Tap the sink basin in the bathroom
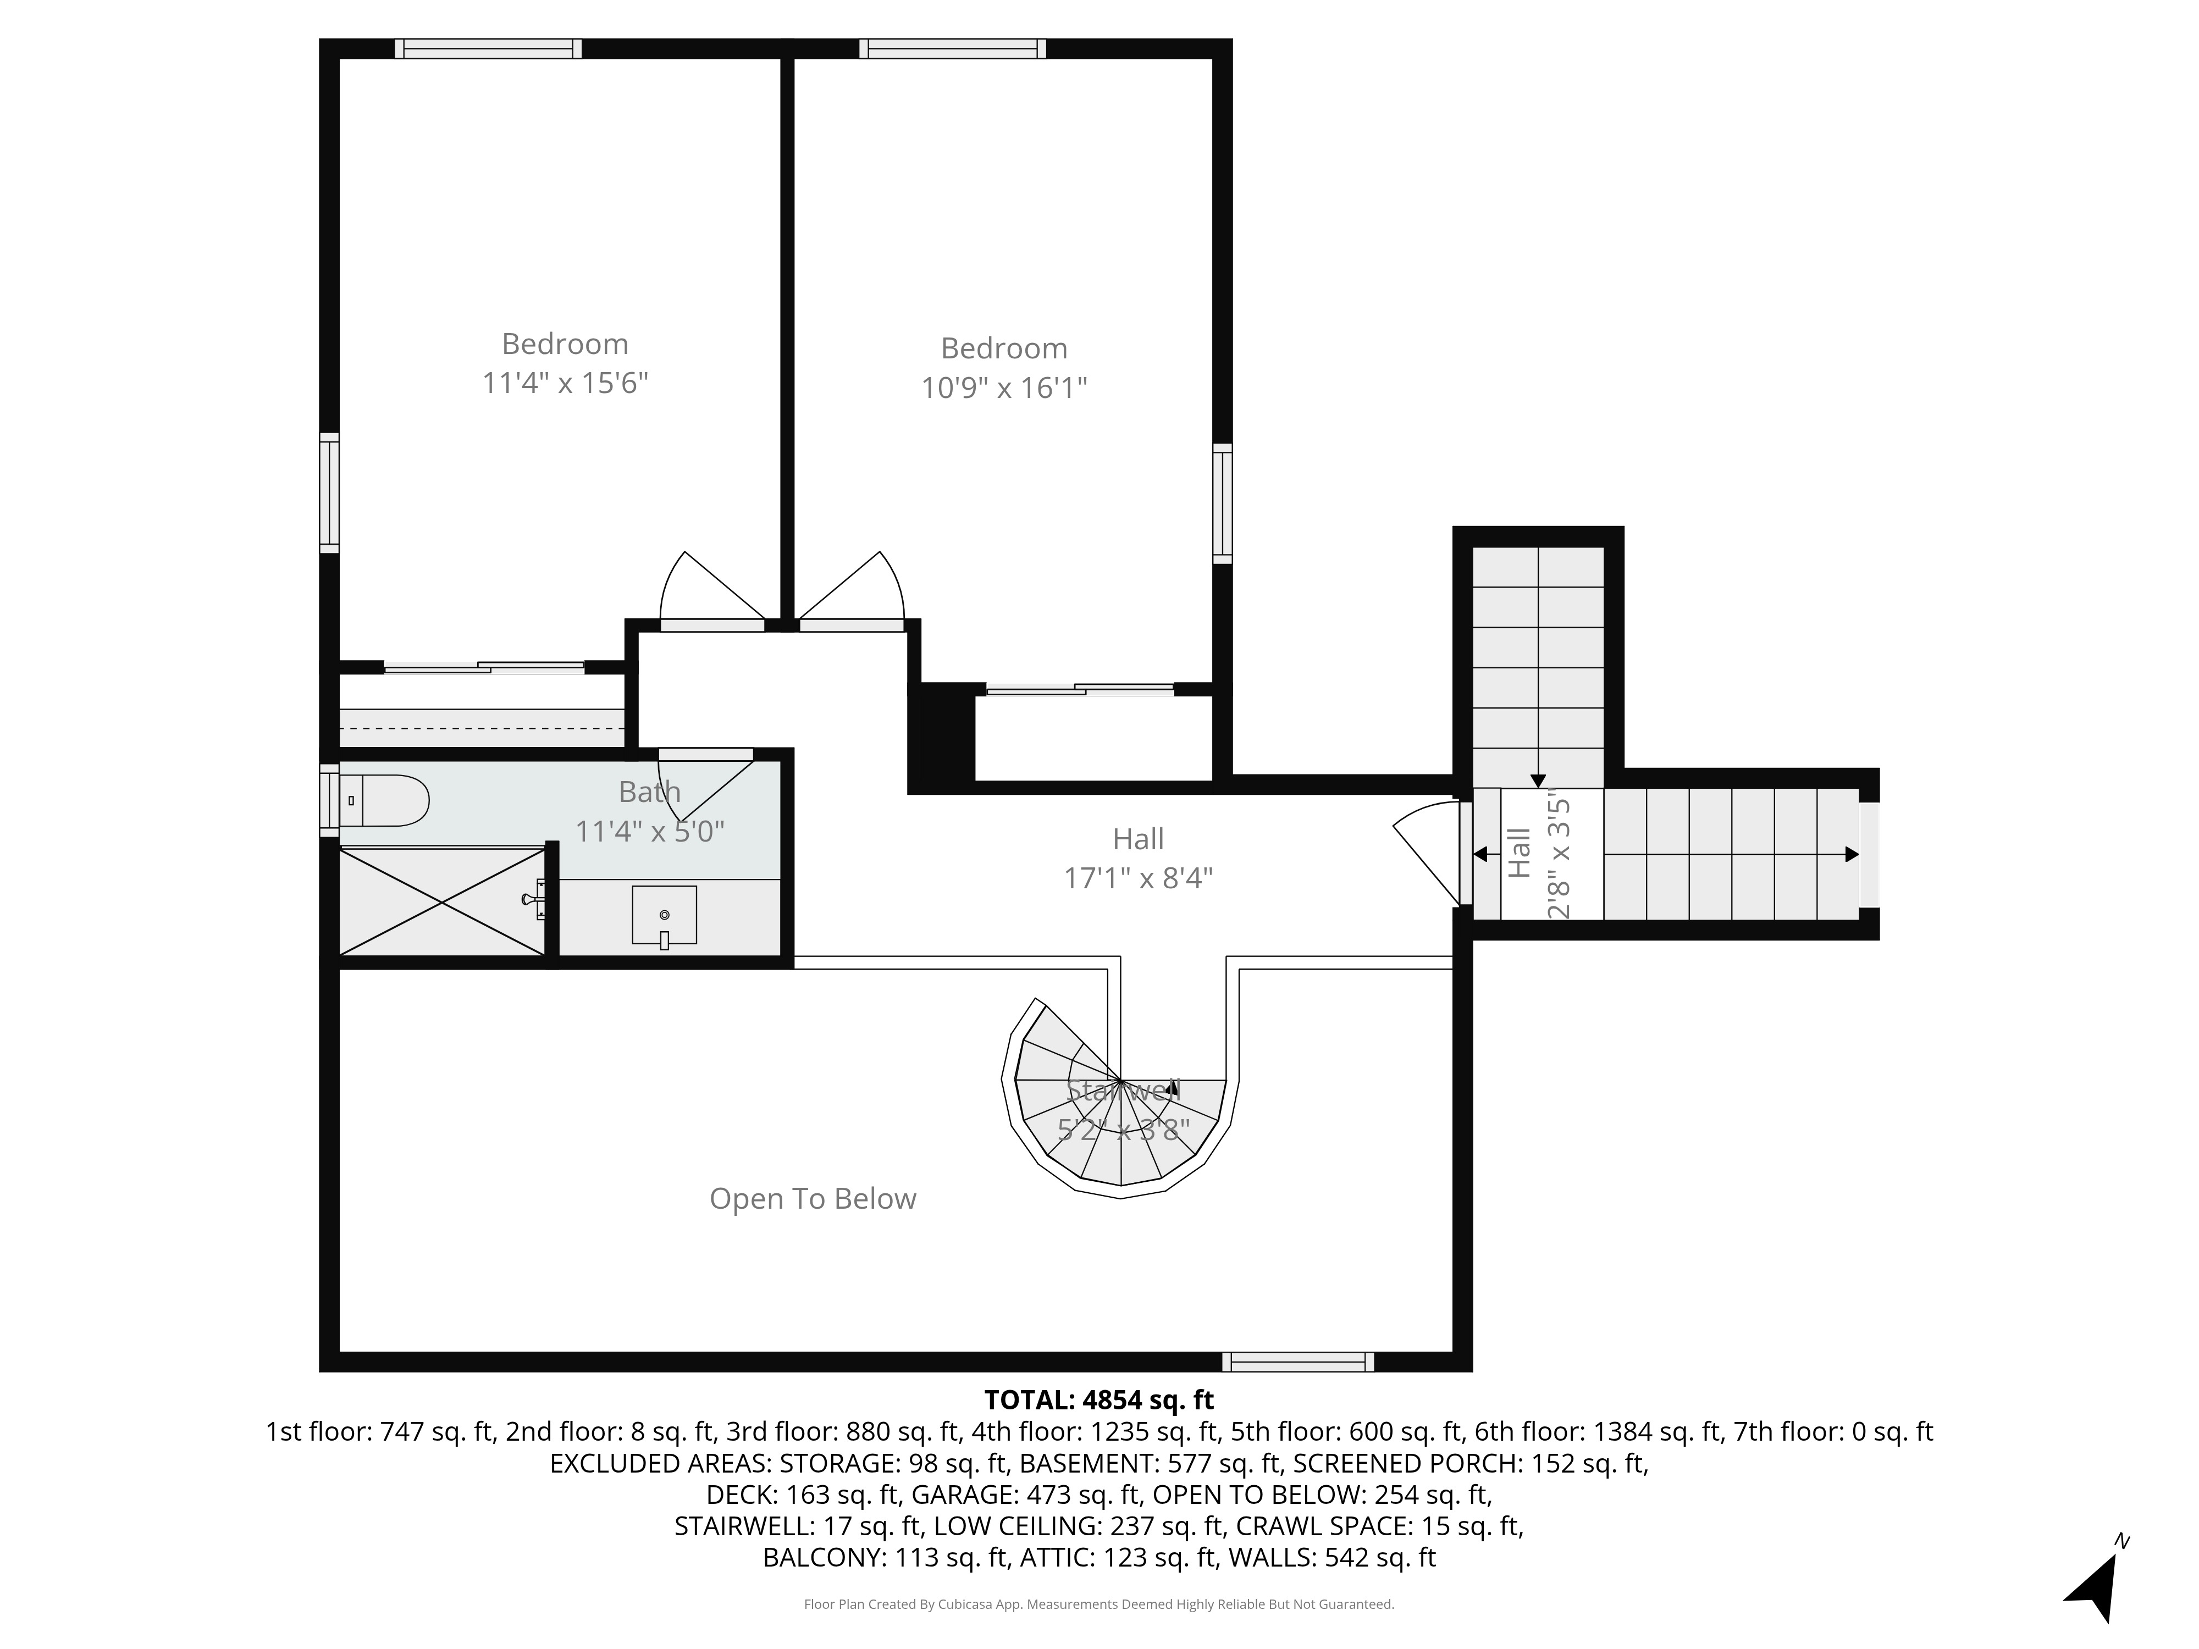pyautogui.click(x=664, y=915)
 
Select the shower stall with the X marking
pyautogui.click(x=443, y=903)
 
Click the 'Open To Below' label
pyautogui.click(x=812, y=1199)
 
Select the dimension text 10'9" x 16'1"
pyautogui.click(x=1004, y=388)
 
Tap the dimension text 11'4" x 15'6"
pyautogui.click(x=565, y=383)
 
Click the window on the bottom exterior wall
pyautogui.click(x=1297, y=1362)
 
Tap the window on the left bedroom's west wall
pyautogui.click(x=329, y=493)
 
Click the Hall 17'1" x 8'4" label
pyautogui.click(x=1139, y=859)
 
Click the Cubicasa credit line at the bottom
pyautogui.click(x=1098, y=1604)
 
